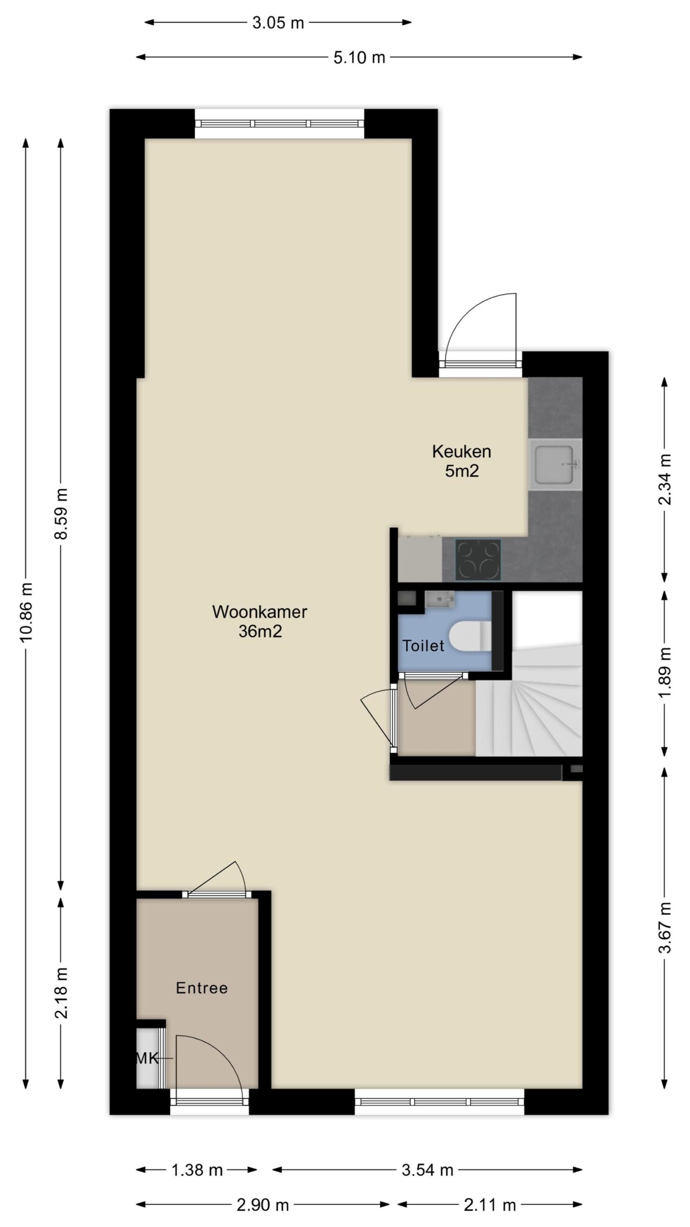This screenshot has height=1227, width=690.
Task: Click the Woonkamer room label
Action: click(x=260, y=612)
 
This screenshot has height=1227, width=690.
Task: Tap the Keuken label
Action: click(x=461, y=451)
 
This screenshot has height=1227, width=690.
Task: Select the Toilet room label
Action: click(x=423, y=646)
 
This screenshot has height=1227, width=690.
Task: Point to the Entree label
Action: click(x=202, y=988)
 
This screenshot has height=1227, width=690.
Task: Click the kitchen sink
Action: click(x=555, y=464)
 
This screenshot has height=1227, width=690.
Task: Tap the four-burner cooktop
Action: click(x=478, y=560)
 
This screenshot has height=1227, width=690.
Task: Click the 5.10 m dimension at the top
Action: click(x=359, y=58)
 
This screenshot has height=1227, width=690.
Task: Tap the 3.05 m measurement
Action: click(x=278, y=23)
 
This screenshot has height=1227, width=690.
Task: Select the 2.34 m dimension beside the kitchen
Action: click(x=665, y=480)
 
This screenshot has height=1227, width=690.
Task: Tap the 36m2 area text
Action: click(x=260, y=631)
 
